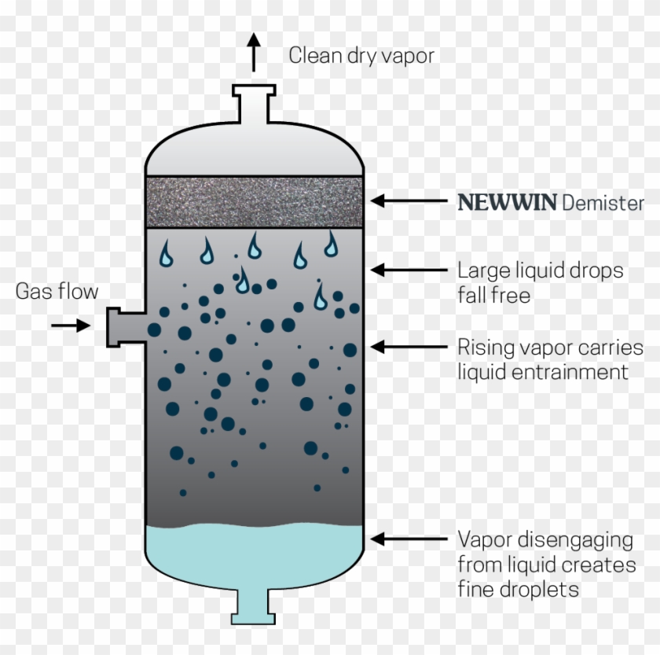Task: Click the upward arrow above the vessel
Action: point(253,53)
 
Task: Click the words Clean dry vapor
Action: point(361,55)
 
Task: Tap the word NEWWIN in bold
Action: point(507,202)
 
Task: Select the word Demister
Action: point(603,202)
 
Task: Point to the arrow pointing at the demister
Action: point(409,201)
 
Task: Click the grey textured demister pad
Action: point(254,201)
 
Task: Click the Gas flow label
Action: point(57,292)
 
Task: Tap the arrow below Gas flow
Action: point(72,325)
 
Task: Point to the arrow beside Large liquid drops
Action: point(409,270)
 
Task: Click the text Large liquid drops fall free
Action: point(540,282)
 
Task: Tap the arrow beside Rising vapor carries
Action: point(409,346)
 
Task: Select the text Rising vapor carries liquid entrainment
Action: point(549,359)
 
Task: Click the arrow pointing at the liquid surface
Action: point(409,539)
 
